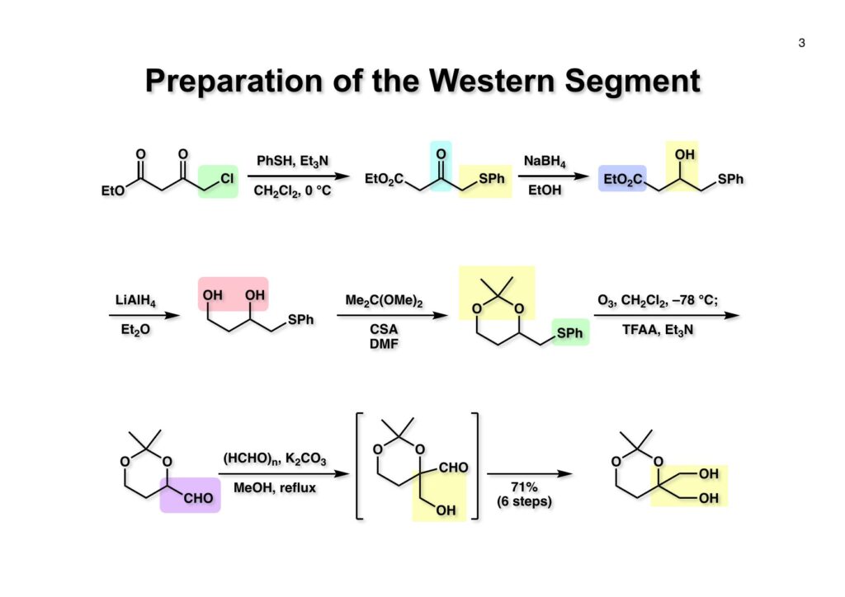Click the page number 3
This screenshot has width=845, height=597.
pos(801,43)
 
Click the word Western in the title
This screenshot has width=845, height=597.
pos(489,81)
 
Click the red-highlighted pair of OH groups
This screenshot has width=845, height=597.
pos(232,294)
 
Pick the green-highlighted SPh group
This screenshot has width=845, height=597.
pos(571,331)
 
